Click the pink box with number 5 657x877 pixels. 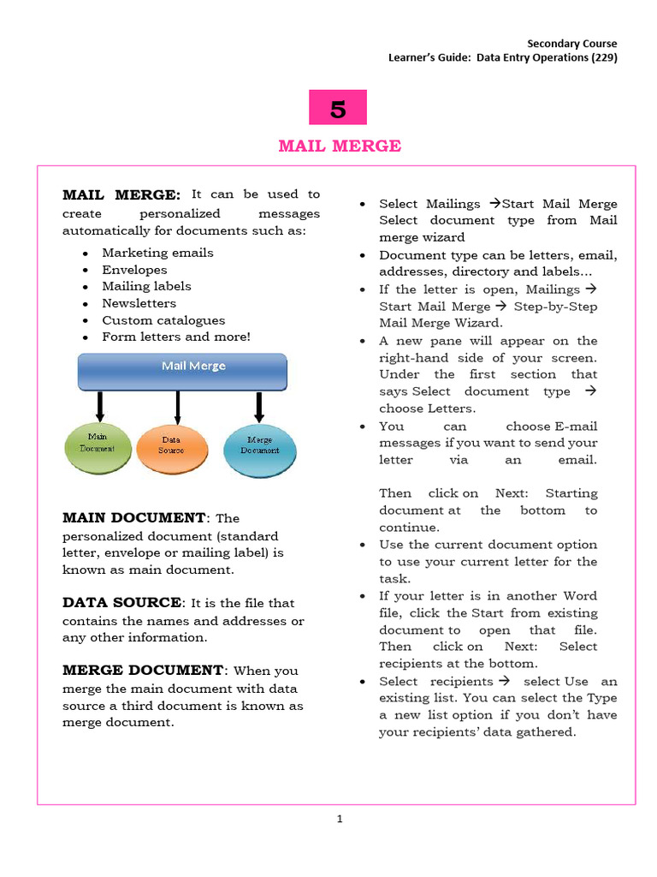(x=338, y=108)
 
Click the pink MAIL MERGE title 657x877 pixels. (x=340, y=146)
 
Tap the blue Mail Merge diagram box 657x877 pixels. (x=182, y=371)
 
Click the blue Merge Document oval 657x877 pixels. (x=259, y=445)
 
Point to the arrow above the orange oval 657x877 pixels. (x=177, y=407)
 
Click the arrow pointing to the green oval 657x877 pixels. (x=100, y=407)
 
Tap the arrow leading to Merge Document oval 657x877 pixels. (x=258, y=407)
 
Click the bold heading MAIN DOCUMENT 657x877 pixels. (x=134, y=518)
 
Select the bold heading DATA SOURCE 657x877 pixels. (x=122, y=603)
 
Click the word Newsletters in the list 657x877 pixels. (x=139, y=303)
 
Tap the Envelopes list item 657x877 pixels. (x=134, y=270)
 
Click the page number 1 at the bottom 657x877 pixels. (x=340, y=819)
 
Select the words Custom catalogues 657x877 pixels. (x=163, y=320)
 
